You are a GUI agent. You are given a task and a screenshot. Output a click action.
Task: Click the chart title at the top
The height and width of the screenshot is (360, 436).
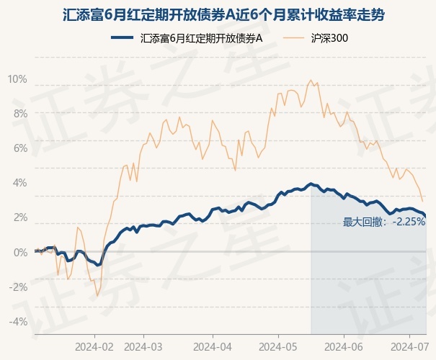218,13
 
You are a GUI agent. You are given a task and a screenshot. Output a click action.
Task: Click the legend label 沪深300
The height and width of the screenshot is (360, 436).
332,38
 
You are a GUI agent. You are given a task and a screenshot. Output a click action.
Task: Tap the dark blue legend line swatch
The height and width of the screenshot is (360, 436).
123,38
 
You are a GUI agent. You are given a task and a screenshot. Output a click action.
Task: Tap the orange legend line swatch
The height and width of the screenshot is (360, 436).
298,38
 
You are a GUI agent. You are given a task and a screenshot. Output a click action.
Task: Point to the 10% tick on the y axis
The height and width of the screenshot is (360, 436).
17,79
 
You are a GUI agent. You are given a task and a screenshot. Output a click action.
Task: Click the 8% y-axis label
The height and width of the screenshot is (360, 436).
20,114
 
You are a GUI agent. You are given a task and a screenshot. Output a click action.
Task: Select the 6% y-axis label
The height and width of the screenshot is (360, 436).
20,148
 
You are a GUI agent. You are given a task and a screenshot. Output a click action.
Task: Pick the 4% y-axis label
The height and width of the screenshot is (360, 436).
20,183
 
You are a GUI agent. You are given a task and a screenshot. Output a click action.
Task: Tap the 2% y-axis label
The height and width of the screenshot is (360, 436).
20,217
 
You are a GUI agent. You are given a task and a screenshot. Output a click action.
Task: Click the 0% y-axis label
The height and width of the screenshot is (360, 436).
20,252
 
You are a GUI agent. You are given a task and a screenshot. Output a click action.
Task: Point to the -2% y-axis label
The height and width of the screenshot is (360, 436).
19,287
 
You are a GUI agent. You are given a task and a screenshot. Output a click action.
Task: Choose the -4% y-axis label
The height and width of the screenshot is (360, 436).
19,321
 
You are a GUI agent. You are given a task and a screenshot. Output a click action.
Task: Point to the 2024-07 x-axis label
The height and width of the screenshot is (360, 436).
409,346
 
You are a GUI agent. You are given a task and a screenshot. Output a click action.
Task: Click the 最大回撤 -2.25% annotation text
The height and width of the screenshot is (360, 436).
384,222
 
